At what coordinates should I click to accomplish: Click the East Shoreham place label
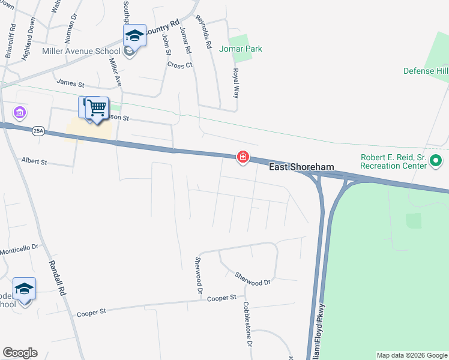click(301, 167)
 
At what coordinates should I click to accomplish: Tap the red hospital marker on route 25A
click(243, 157)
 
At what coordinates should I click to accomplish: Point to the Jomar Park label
click(240, 48)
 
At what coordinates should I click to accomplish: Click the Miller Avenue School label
click(81, 51)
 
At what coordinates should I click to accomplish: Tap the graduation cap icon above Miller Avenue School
click(134, 35)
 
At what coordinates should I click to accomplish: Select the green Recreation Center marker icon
click(436, 161)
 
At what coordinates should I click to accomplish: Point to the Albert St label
click(34, 161)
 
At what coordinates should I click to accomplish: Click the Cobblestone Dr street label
click(247, 324)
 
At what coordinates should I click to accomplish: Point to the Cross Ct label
click(179, 65)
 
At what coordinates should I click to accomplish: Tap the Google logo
click(20, 353)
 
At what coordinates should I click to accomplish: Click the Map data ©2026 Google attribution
click(412, 355)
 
